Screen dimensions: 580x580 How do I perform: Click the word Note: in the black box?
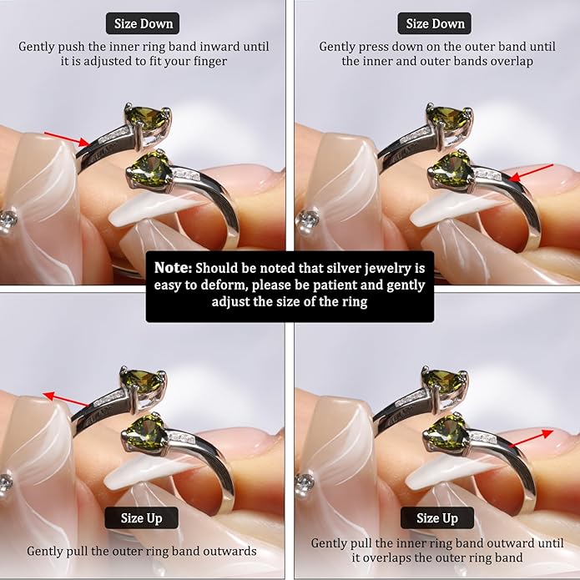pyautogui.click(x=173, y=268)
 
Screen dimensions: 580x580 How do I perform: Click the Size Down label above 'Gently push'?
pyautogui.click(x=143, y=23)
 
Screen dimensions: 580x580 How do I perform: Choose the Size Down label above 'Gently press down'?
pyautogui.click(x=435, y=23)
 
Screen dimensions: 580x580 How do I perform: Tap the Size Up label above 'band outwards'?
pyautogui.click(x=141, y=518)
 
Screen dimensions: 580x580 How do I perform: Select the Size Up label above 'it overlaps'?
pyautogui.click(x=436, y=518)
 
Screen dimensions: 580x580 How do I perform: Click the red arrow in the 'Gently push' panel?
pyautogui.click(x=67, y=139)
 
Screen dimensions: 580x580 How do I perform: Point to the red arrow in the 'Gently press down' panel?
pyautogui.click(x=531, y=173)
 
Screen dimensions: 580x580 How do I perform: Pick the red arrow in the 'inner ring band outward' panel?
pyautogui.click(x=531, y=438)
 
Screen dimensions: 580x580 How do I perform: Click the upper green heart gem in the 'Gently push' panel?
pyautogui.click(x=147, y=118)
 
